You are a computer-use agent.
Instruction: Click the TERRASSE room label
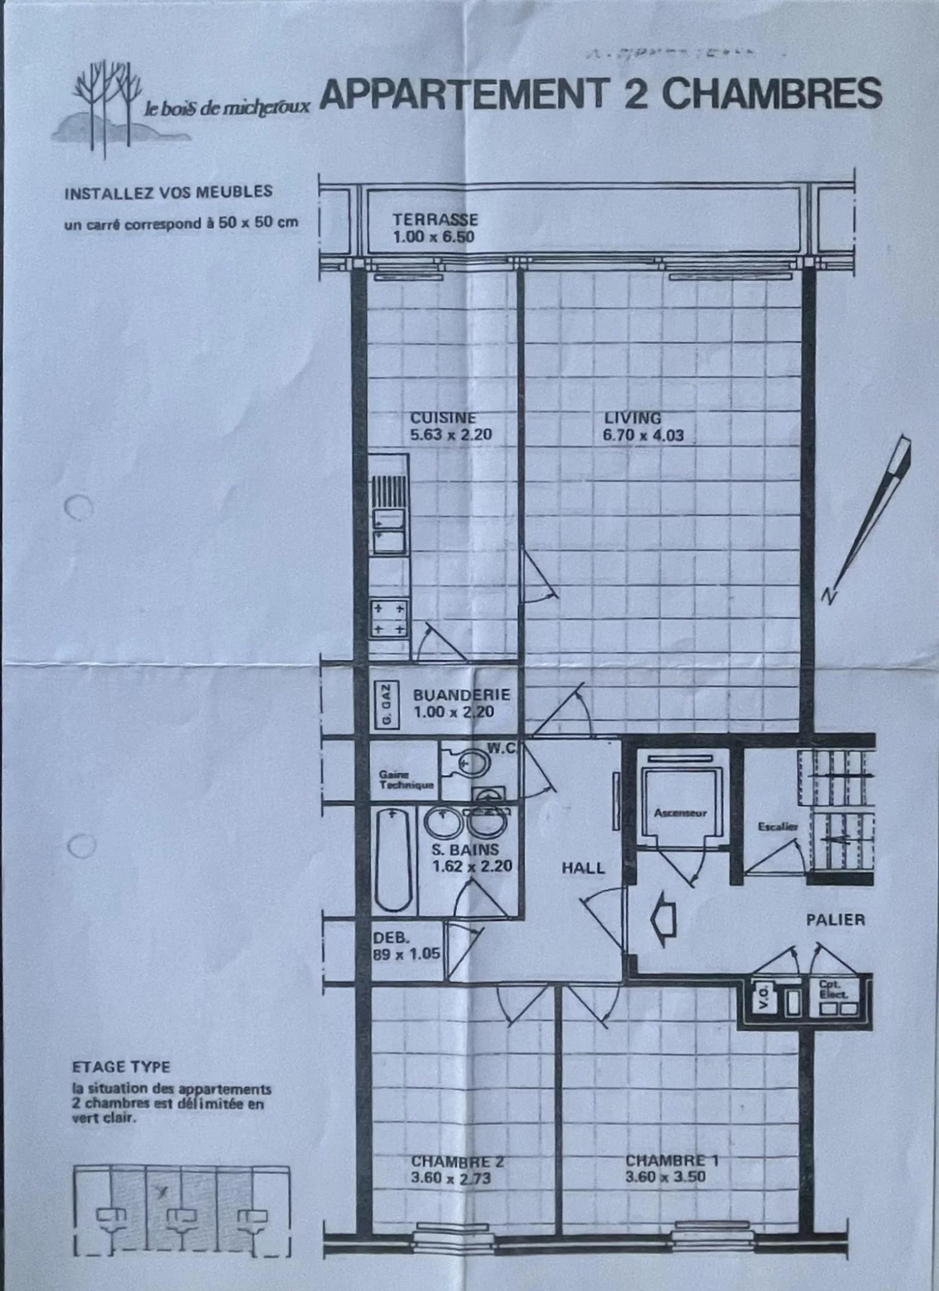(x=435, y=220)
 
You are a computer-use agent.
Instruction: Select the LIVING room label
(x=633, y=418)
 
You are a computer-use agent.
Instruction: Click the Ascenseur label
(x=680, y=813)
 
